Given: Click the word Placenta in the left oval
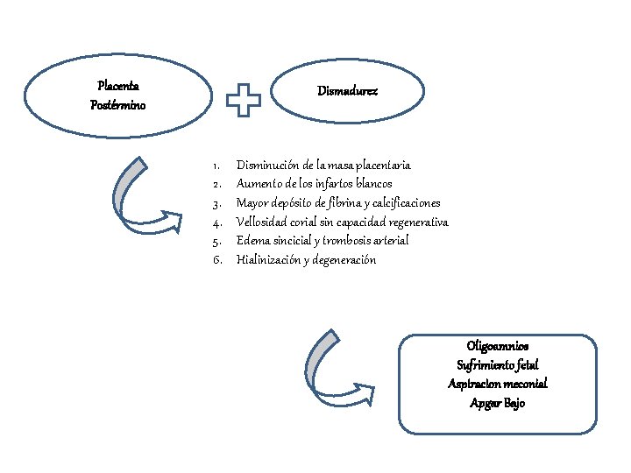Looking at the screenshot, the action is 118,86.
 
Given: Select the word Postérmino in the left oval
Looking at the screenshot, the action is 118,105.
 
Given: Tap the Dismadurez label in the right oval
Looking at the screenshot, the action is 347,91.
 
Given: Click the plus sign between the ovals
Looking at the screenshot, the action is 244,100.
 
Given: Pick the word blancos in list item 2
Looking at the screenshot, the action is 374,184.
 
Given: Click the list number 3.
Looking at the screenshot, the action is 217,204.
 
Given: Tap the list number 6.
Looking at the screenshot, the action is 217,260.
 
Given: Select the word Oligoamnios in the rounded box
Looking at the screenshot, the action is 498,346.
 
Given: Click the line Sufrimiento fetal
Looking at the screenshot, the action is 498,364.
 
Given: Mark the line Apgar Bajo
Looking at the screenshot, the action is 498,403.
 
